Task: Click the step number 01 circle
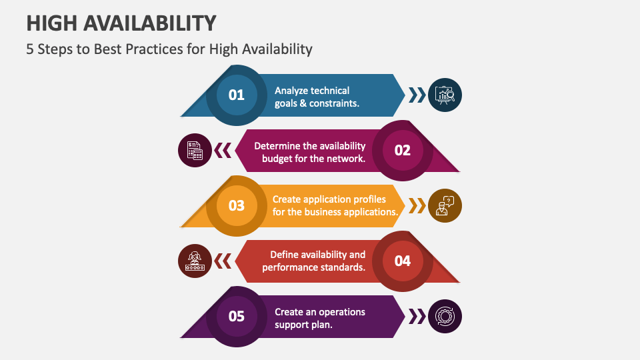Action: pos(237,95)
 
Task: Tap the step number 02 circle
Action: pos(403,150)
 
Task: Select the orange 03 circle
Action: pos(237,205)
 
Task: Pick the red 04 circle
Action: pos(403,261)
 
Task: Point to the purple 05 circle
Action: pos(237,316)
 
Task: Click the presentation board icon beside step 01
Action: pos(444,95)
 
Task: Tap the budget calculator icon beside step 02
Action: pos(195,150)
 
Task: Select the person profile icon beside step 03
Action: pos(444,205)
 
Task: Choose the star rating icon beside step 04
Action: pos(195,261)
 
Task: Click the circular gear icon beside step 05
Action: pos(444,316)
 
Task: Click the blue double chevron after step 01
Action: pos(417,95)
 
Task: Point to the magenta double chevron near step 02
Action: pos(223,151)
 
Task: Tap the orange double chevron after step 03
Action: pos(417,205)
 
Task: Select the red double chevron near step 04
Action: pos(223,261)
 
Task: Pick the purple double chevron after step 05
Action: pos(417,316)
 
